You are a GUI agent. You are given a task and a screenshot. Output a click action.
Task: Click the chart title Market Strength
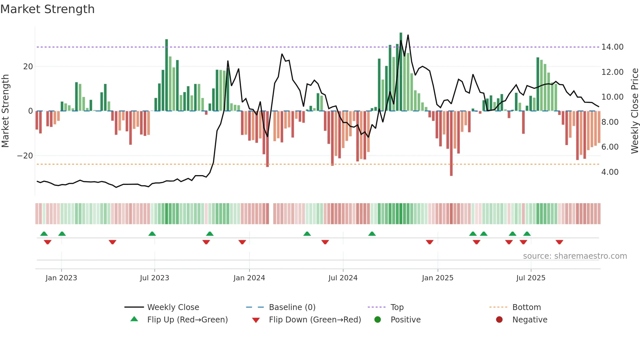(47, 9)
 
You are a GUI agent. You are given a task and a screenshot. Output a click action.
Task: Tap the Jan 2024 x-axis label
(249, 278)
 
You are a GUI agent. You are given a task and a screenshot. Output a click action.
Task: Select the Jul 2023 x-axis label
(154, 278)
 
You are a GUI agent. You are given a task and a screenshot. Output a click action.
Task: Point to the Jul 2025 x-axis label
(531, 278)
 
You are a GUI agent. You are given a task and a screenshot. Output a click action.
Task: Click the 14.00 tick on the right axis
(612, 47)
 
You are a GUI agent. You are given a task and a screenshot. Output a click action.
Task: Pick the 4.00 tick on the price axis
(610, 172)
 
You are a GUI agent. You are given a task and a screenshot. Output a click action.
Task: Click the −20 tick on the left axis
(25, 156)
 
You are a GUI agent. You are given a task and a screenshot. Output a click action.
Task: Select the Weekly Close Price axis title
(634, 111)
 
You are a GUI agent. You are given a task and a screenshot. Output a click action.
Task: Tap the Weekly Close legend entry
(173, 307)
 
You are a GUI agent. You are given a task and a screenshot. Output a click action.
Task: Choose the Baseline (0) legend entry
(292, 307)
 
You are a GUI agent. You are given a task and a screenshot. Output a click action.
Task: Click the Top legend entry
(397, 307)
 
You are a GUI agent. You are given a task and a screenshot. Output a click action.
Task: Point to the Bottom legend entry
(526, 307)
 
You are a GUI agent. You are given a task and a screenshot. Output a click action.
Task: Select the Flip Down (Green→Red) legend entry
(315, 320)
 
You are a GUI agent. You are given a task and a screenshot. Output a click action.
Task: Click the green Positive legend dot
(377, 320)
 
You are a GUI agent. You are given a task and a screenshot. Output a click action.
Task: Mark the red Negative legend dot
(499, 320)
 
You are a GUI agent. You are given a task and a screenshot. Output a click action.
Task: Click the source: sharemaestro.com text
(575, 256)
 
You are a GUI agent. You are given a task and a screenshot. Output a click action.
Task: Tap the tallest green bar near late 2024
(401, 72)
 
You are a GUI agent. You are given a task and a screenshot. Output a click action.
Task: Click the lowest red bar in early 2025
(451, 144)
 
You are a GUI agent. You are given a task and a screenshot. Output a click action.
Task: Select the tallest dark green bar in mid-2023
(167, 75)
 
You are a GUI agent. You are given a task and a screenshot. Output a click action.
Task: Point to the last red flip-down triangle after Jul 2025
(559, 242)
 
